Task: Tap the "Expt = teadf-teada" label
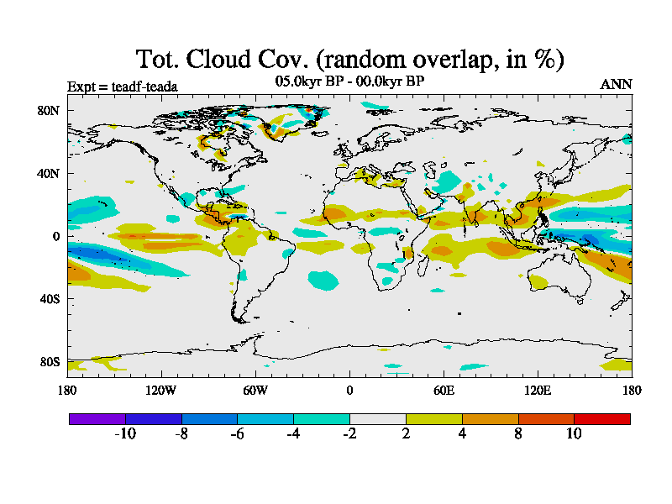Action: pos(122,86)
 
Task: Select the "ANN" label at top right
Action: pos(617,84)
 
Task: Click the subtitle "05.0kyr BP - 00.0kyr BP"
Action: pos(349,81)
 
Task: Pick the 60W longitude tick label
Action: pos(255,391)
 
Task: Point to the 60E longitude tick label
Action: pos(444,391)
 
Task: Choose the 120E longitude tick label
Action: pos(538,391)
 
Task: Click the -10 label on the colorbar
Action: pos(125,433)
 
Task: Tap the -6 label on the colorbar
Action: pos(237,433)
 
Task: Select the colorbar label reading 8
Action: pos(517,433)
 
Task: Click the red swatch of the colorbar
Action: pos(601,418)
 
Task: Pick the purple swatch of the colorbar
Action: pos(97,418)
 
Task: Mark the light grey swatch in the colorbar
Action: pos(377,418)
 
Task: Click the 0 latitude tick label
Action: pos(55,236)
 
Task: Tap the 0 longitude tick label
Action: pos(349,391)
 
